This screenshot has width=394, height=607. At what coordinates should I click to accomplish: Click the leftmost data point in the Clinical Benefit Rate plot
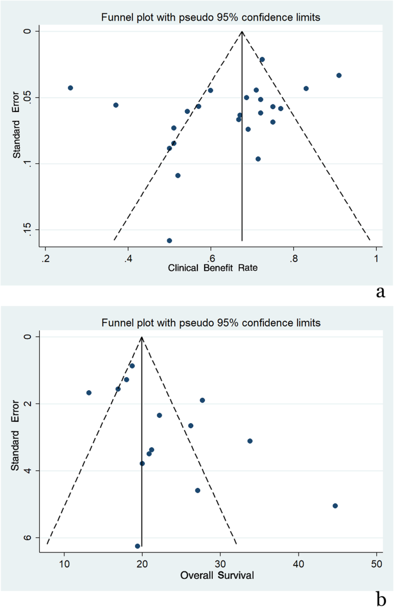(x=70, y=88)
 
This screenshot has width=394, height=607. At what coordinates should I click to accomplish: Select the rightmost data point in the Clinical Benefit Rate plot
(x=339, y=75)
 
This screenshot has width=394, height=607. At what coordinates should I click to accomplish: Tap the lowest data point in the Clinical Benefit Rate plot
(x=169, y=240)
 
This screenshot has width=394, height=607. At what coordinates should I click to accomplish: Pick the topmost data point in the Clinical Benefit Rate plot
(x=262, y=59)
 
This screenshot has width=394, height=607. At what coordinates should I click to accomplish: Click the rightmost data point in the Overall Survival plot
(x=335, y=506)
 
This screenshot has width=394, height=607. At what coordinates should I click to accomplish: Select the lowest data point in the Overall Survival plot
(x=137, y=546)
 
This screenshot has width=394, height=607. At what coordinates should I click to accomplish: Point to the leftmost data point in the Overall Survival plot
(x=89, y=393)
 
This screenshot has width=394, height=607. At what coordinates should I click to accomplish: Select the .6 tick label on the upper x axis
(x=211, y=258)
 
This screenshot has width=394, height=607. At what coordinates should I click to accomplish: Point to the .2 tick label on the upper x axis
(x=45, y=258)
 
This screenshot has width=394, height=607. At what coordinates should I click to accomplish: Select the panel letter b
(x=380, y=597)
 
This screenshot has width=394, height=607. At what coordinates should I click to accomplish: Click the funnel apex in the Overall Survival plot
(x=141, y=337)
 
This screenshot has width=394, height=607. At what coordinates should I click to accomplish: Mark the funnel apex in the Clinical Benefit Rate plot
(x=242, y=31)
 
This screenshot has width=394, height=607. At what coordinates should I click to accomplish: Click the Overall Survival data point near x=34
(x=250, y=441)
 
